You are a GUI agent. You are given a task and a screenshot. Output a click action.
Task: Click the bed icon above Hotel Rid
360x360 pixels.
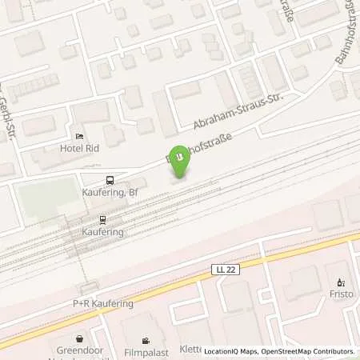pyautogui.click(x=79, y=136)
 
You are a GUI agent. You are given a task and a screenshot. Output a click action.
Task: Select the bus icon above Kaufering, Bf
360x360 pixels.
pyautogui.click(x=110, y=180)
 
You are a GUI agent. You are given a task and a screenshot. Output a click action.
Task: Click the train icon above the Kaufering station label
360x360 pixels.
pyautogui.click(x=102, y=218)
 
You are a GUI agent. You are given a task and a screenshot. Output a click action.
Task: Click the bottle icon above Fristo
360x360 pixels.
pyautogui.click(x=341, y=282)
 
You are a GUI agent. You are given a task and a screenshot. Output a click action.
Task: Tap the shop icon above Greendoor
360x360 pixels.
pyautogui.click(x=79, y=338)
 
